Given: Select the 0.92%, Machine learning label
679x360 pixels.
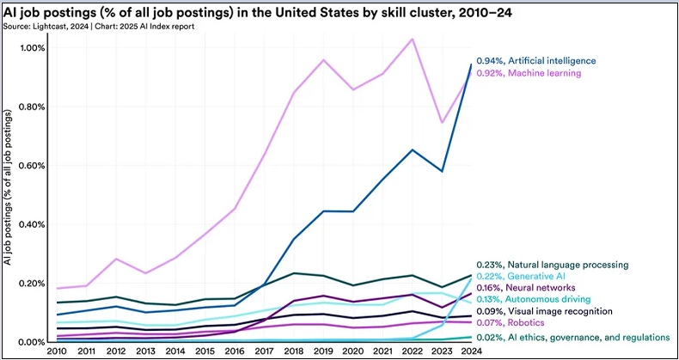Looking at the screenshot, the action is click(x=529, y=74).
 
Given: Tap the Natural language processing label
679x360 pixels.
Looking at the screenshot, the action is click(x=568, y=265).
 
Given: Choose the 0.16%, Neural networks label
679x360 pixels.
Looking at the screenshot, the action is click(x=526, y=288).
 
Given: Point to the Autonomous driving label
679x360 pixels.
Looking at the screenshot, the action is click(x=548, y=299).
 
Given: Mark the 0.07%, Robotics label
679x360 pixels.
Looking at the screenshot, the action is click(x=511, y=323).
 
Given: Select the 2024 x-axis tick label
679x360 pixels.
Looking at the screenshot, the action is click(x=473, y=350).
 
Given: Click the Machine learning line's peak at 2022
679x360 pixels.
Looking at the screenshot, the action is click(x=413, y=39).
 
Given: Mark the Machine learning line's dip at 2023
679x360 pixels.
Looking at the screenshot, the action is click(x=442, y=123).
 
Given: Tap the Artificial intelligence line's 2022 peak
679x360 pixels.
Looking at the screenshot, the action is click(x=413, y=149).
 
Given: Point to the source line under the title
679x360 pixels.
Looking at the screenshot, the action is click(x=98, y=27).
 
